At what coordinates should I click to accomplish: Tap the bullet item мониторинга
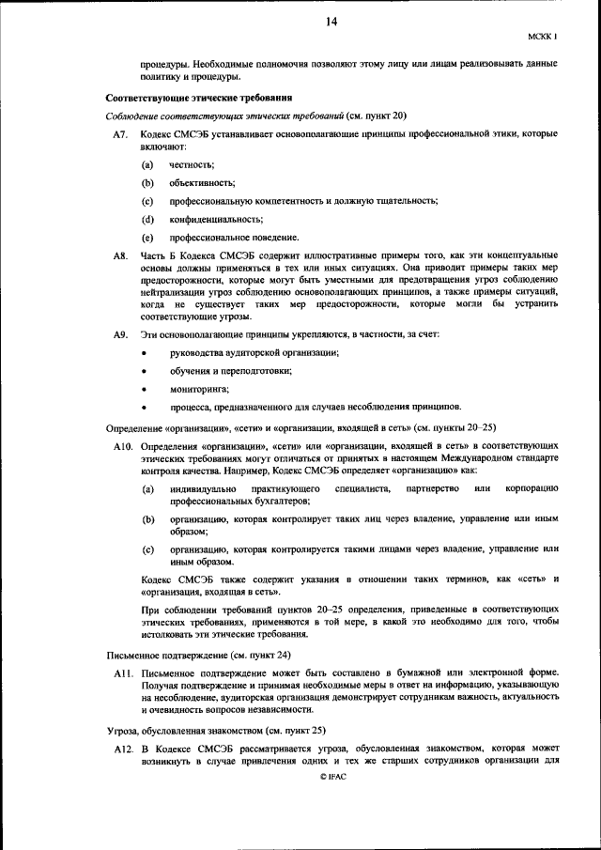coord(199,389)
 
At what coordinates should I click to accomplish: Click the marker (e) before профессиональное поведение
coord(147,237)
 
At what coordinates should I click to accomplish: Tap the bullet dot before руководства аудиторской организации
coord(144,353)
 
